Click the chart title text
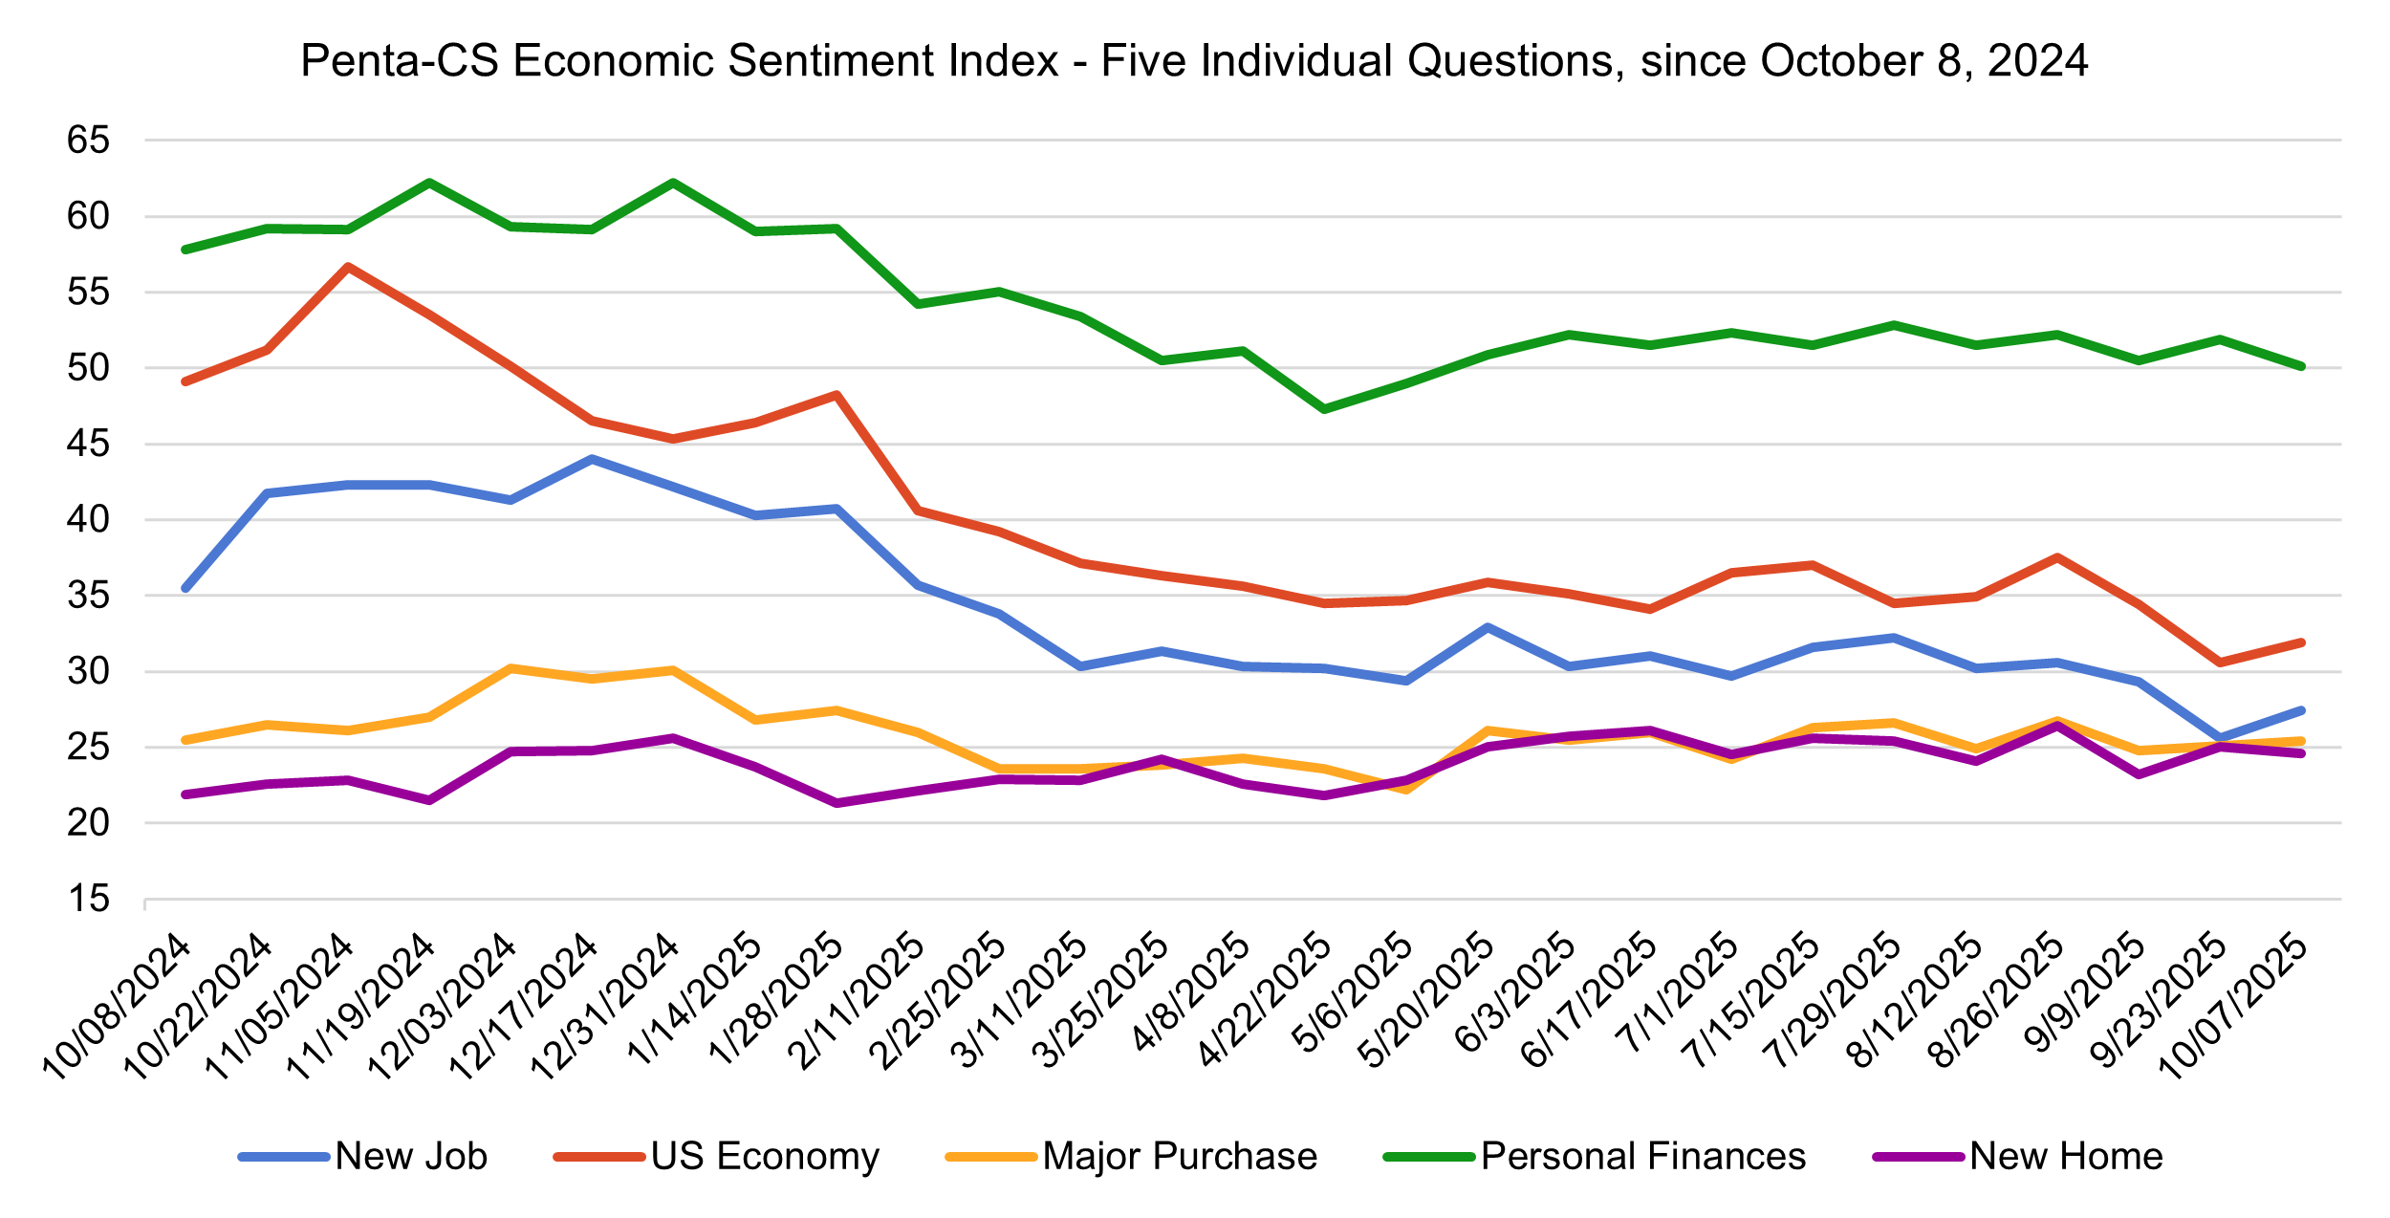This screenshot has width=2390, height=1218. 1194,61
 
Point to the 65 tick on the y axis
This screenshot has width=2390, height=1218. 88,141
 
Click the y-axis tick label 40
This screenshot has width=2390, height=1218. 88,520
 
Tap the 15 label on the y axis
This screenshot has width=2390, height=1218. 88,899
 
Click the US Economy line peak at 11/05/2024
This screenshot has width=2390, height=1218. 349,267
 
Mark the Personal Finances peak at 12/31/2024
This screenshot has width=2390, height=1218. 674,183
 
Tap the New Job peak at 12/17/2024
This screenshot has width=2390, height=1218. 593,459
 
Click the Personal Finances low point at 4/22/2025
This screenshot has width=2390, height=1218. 1324,409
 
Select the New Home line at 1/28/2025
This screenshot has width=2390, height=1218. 836,803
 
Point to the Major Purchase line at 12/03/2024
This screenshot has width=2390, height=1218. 511,668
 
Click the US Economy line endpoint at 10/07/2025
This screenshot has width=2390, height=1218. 2301,642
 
